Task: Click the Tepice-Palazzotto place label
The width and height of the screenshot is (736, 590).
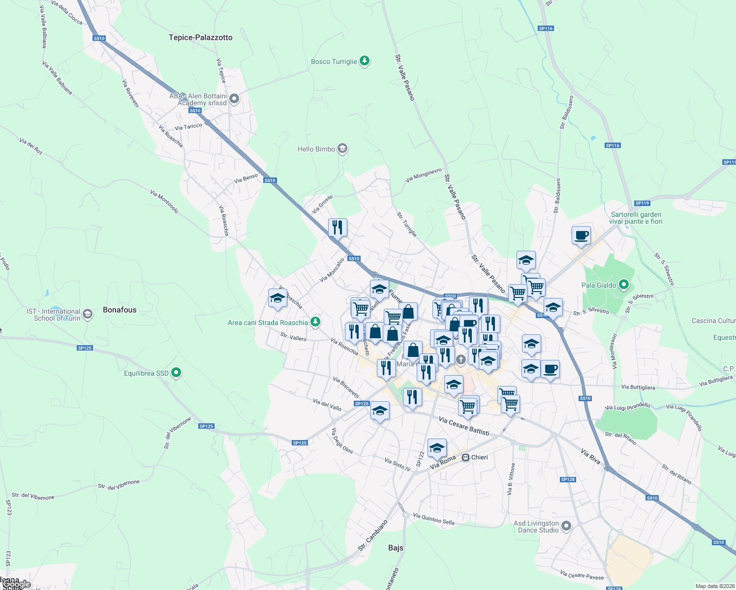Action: click(x=200, y=37)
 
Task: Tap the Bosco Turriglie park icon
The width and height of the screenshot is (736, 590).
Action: click(x=364, y=61)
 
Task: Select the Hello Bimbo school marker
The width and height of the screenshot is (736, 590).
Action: click(x=342, y=148)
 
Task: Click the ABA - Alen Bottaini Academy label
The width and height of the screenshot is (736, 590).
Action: click(x=198, y=99)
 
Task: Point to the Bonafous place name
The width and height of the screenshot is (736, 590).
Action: click(x=120, y=310)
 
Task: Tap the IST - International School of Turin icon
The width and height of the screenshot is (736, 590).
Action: click(x=88, y=314)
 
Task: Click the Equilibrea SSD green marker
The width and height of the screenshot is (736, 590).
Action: click(x=177, y=373)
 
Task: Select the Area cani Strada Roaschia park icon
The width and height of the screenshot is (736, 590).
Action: click(x=315, y=323)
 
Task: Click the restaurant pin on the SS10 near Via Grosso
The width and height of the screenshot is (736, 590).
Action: click(x=337, y=228)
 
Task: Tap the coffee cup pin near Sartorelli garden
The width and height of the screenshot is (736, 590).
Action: click(x=581, y=235)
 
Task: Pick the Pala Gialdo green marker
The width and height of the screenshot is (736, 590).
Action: click(x=624, y=285)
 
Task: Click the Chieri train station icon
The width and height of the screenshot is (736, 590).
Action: click(x=466, y=457)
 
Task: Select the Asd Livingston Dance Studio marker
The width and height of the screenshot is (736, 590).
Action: click(x=566, y=527)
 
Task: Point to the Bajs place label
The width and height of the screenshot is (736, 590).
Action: click(x=396, y=548)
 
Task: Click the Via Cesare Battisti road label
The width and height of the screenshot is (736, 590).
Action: click(x=464, y=426)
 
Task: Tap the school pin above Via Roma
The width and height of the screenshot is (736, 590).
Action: click(x=437, y=448)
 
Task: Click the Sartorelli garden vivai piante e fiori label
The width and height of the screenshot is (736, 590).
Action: click(x=636, y=218)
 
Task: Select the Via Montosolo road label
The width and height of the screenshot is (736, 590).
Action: click(x=164, y=202)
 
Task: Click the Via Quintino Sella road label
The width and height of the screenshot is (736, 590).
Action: click(x=433, y=519)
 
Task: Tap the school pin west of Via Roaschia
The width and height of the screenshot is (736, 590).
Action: click(x=277, y=298)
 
